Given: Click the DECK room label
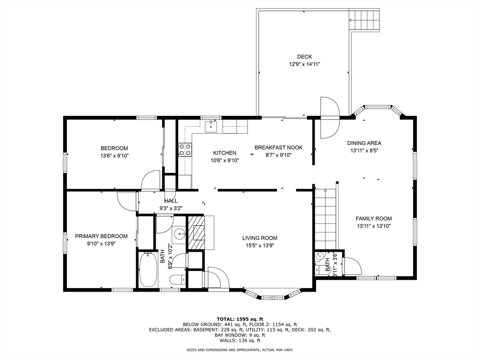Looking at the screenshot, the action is [x=304, y=57].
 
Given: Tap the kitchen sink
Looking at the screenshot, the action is [x=210, y=126].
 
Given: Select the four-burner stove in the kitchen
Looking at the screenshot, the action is [x=185, y=150].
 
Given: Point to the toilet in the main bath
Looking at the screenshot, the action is [x=177, y=279].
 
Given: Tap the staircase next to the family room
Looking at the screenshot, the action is [x=326, y=219].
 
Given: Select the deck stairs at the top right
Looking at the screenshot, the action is [x=365, y=20].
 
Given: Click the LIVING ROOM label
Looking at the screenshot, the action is [x=260, y=238].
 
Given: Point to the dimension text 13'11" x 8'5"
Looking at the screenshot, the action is [x=364, y=150].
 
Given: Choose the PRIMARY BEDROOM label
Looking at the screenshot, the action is [x=101, y=236].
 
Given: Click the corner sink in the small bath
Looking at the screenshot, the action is [x=319, y=256].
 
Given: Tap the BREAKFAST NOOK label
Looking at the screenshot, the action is [x=278, y=148].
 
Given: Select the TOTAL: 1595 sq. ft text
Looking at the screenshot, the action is [x=240, y=319].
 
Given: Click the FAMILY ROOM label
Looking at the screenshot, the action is [x=374, y=218].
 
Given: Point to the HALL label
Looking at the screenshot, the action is [x=171, y=201].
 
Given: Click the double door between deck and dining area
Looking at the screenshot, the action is [x=330, y=118].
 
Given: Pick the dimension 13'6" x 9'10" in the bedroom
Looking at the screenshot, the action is [x=114, y=156].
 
